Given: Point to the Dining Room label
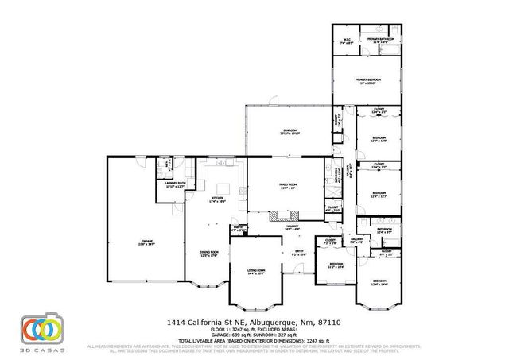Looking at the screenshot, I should tap(208, 254).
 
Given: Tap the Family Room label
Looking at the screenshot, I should tap(287, 186).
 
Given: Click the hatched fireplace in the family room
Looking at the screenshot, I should tap(282, 214).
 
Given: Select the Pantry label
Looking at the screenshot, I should tap(236, 228).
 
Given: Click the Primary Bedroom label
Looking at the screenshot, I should tap(367, 80).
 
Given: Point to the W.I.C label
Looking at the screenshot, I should tap(347, 40).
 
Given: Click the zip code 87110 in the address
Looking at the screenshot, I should tap(337, 322).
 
